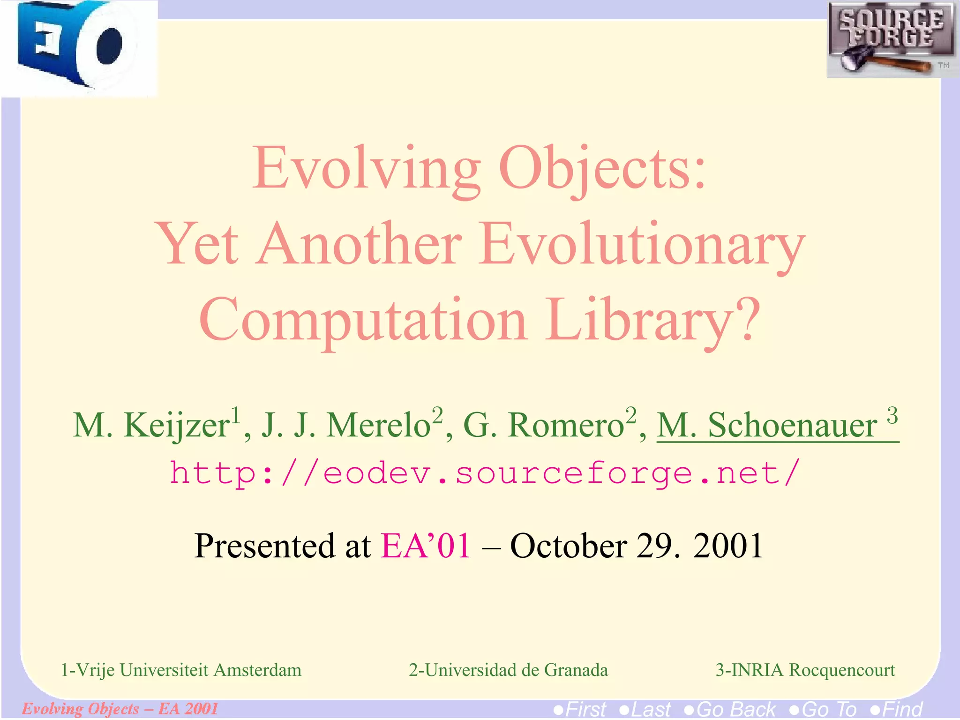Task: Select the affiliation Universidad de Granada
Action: click(509, 670)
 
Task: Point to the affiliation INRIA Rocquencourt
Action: click(805, 670)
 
